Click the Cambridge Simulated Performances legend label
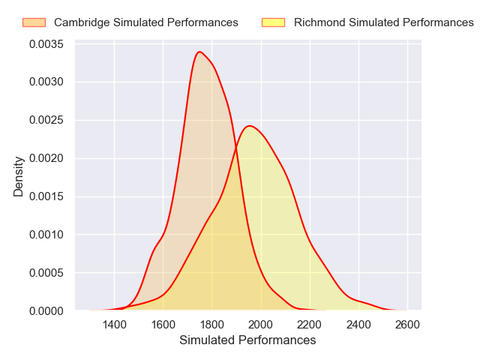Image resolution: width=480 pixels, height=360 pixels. tap(145, 22)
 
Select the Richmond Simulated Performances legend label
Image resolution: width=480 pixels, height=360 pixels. tap(384, 22)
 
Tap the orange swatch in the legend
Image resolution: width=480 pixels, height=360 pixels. tap(34, 22)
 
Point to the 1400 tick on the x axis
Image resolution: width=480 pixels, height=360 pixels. tap(114, 325)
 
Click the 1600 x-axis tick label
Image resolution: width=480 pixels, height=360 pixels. tap(163, 325)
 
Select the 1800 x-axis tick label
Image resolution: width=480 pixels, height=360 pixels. tap(211, 325)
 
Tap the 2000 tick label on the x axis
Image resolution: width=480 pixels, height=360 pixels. tap(260, 325)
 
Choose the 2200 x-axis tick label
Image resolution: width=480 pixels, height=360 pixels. tap(309, 325)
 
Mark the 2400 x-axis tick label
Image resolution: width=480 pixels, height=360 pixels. tap(358, 325)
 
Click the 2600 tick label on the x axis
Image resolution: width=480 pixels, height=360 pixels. tap(407, 325)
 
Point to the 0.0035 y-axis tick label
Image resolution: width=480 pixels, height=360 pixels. tap(46, 44)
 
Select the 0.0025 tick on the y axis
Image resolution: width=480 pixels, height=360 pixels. tap(46, 120)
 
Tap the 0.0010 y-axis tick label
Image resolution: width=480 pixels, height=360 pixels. tap(46, 234)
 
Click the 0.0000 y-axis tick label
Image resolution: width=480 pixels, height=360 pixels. tap(46, 310)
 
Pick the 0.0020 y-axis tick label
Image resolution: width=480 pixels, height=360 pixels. tap(46, 158)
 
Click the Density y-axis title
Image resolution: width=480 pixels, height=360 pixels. tap(19, 176)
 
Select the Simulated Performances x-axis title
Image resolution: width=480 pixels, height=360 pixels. tap(247, 340)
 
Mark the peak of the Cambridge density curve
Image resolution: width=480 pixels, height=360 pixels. tap(199, 52)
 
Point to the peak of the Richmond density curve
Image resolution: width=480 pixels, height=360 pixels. tap(250, 125)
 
